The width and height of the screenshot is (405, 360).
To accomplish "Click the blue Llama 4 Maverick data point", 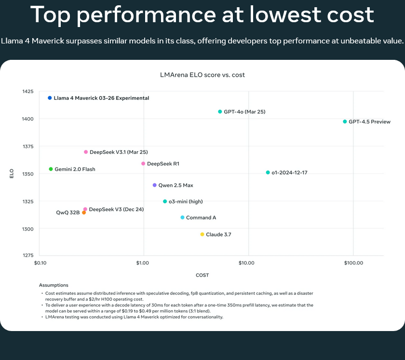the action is coord(50,98).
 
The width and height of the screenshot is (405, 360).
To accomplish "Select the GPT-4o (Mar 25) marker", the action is coord(220,111).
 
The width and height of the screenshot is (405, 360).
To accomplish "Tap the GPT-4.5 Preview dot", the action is coord(345,122).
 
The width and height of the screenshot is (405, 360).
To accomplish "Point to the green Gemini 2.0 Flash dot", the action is coord(51,169).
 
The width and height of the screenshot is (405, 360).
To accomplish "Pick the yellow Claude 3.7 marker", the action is coord(202,235).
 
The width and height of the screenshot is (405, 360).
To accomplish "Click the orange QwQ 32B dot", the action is coord(84,212).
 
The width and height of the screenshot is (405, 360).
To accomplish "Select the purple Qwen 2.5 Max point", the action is coord(155,185).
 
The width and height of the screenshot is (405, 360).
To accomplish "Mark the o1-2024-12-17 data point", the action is coord(268,172).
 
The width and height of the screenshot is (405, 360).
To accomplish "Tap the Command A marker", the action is coord(182,218).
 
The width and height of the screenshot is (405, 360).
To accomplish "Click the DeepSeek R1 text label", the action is coord(163,164).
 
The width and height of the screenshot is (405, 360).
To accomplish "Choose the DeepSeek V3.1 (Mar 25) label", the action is coord(119,152).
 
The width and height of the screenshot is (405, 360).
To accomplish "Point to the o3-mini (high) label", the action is coord(186,201).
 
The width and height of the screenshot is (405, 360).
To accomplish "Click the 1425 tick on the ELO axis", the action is coord(28,92).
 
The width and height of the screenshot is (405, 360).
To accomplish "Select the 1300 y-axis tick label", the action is coord(28,229).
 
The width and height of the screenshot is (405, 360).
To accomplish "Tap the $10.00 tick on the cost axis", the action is coord(246,263).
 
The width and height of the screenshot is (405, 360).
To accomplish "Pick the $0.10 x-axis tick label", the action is coord(40,263).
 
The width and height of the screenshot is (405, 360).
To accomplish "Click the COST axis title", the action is coord(202,275).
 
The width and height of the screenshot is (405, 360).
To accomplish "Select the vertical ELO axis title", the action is coord(12,173).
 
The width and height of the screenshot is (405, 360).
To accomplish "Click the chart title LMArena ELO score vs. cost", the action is coord(202,75).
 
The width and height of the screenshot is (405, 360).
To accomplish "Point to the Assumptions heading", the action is coord(54,285).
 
